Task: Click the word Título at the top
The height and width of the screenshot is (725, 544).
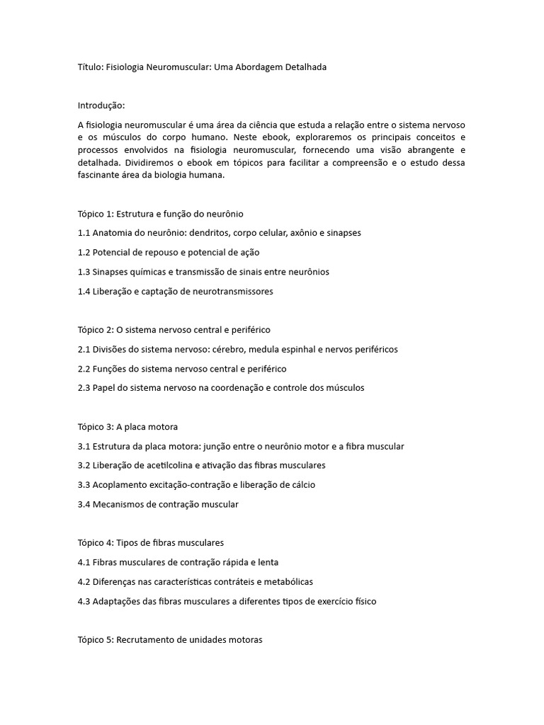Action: click(89, 67)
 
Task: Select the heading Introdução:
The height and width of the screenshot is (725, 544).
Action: click(101, 105)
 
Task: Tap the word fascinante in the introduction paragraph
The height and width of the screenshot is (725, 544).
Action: click(101, 176)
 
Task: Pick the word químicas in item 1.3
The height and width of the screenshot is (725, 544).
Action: click(149, 272)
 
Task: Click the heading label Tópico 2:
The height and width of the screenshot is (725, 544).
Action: click(95, 330)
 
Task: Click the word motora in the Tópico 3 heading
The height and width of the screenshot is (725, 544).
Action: click(162, 427)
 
